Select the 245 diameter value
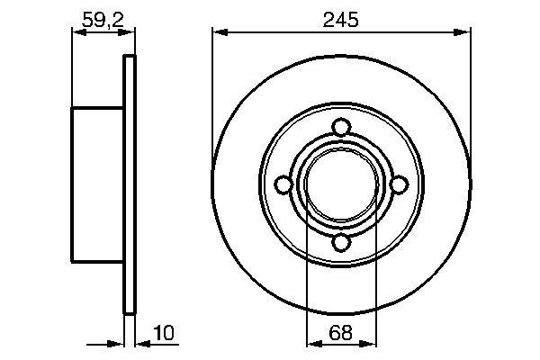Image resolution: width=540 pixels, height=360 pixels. (341, 18)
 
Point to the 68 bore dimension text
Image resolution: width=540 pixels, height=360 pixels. (341, 334)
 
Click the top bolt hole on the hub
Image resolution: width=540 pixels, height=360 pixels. (341, 127)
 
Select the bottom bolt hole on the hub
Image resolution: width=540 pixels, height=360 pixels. (341, 242)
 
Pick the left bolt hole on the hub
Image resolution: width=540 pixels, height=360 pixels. (283, 184)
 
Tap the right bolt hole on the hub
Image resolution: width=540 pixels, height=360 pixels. (399, 184)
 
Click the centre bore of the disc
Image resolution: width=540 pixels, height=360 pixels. (341, 184)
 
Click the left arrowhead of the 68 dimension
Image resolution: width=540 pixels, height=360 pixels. (312, 343)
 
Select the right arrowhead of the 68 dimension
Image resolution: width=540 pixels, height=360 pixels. (370, 343)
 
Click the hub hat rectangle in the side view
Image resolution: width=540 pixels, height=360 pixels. (97, 184)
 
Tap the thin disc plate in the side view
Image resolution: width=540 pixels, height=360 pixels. (129, 184)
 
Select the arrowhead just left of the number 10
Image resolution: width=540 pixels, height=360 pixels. (141, 343)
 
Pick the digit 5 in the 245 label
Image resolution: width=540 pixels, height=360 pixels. (354, 18)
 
